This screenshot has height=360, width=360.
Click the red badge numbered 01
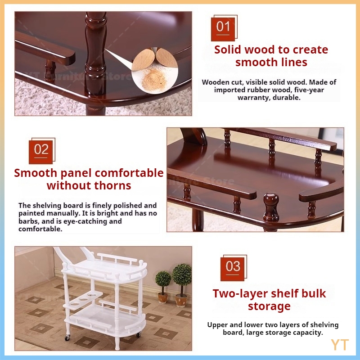[223, 29]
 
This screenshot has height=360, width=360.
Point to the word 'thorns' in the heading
[113, 185]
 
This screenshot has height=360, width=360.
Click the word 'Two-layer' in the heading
[236, 294]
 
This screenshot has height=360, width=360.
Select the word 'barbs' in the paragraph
[29, 221]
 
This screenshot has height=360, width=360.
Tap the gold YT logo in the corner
[340, 345]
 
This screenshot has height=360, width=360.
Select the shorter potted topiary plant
[163, 287]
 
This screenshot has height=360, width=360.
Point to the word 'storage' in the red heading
[269, 306]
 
